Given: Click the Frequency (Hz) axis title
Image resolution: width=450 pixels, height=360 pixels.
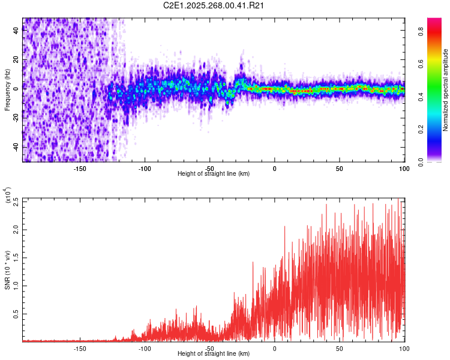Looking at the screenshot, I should coord(7,90).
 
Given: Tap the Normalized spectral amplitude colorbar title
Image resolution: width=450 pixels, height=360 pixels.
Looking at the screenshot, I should coord(445,90).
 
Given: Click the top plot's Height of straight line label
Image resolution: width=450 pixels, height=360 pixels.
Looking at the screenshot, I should coord(214,173).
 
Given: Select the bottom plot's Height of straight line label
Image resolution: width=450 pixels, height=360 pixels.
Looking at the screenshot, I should coord(214,353).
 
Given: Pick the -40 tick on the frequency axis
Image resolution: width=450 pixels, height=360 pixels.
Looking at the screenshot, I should coord(16,146).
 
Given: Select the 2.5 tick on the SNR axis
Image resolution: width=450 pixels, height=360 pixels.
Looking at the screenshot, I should coord(16,201).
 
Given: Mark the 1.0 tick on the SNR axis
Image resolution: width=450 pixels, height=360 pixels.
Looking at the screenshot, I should coord(16,286).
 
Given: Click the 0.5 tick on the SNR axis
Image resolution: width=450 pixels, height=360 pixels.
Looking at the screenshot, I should coord(16,313).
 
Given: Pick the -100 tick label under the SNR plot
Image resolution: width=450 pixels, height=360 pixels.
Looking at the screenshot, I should coord(145,347).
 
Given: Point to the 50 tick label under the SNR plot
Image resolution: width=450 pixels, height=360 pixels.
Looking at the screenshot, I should coord(339,347).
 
